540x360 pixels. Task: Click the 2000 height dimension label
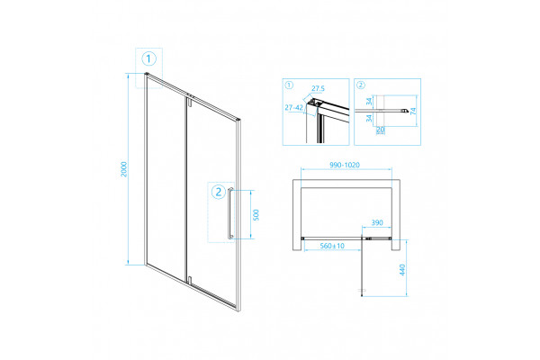124,169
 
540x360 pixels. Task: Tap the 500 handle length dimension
256,214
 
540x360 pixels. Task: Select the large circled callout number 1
148,58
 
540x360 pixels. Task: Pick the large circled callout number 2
219,192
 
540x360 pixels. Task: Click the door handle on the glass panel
230,213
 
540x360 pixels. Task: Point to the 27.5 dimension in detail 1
318,88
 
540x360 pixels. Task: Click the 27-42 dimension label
293,107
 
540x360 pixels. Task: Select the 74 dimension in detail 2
414,111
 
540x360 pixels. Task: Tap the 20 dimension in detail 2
380,130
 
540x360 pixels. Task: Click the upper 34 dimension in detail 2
369,102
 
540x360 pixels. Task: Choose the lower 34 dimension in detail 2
369,118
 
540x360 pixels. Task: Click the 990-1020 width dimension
345,165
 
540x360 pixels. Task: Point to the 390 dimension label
377,222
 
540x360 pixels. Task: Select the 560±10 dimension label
332,246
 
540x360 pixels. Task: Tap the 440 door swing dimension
402,270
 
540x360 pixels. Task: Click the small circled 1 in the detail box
289,85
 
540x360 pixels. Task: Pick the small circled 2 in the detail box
361,85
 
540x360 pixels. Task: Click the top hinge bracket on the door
189,103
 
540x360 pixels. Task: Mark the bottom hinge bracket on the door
189,280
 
